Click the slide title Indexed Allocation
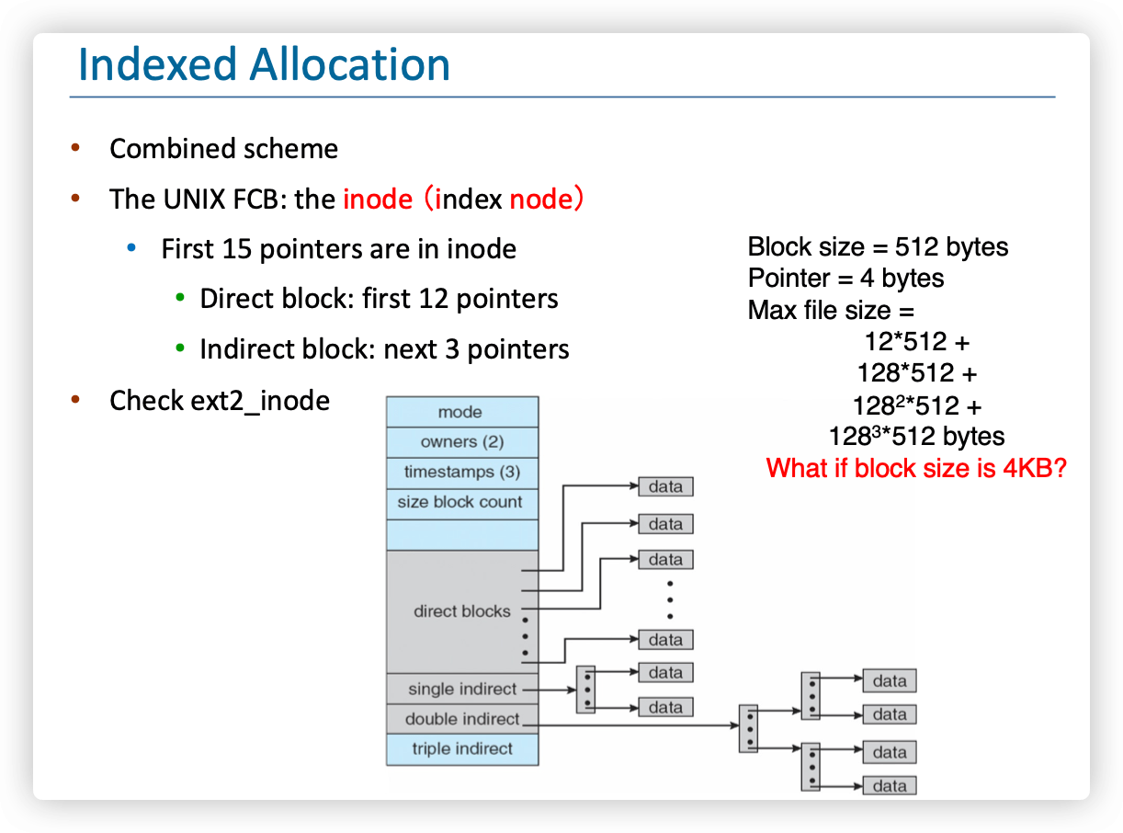(264, 64)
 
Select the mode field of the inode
(461, 412)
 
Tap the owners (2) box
(461, 442)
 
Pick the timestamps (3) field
(461, 473)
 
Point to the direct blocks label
(461, 611)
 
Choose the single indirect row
(461, 689)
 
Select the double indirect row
(461, 719)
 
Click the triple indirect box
(461, 749)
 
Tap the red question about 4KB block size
(916, 468)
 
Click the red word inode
(378, 199)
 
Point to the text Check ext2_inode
(220, 401)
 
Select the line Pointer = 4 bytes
(846, 279)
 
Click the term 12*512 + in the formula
(917, 341)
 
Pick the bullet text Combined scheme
(224, 149)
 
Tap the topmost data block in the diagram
(665, 486)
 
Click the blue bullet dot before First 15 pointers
(131, 247)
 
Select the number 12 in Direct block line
(434, 299)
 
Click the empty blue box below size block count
(461, 535)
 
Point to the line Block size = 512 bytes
(878, 247)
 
